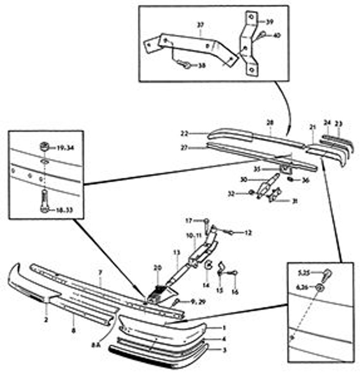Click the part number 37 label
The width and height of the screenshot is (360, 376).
point(200,25)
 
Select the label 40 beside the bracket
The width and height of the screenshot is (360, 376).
point(277,36)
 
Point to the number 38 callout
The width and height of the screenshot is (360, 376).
point(202,65)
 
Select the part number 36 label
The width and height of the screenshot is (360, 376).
point(305,180)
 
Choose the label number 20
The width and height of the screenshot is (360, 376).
point(158,268)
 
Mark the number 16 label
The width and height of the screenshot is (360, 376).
point(235,291)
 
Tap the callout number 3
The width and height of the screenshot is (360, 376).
point(224,350)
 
